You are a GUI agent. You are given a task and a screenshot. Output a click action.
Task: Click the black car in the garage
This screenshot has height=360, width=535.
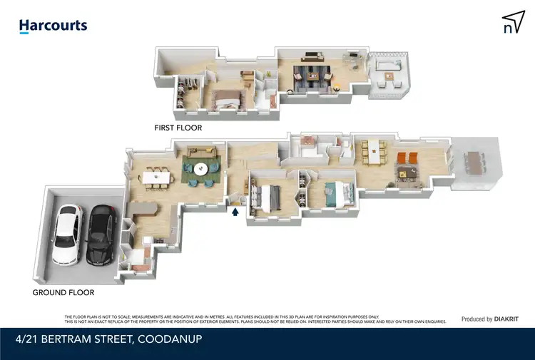[101, 233]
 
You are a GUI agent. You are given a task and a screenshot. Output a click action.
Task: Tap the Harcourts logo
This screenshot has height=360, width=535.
[53, 26]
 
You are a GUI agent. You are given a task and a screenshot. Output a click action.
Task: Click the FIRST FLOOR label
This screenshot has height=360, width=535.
[178, 128]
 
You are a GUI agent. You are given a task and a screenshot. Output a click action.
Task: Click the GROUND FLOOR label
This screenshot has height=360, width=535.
[63, 292]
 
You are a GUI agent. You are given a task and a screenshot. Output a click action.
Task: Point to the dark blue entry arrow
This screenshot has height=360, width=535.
[236, 210]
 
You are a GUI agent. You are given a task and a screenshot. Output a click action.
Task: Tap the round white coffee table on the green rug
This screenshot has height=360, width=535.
[200, 170]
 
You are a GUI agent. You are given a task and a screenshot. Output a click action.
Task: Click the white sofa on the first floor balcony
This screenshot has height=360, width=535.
[388, 70]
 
